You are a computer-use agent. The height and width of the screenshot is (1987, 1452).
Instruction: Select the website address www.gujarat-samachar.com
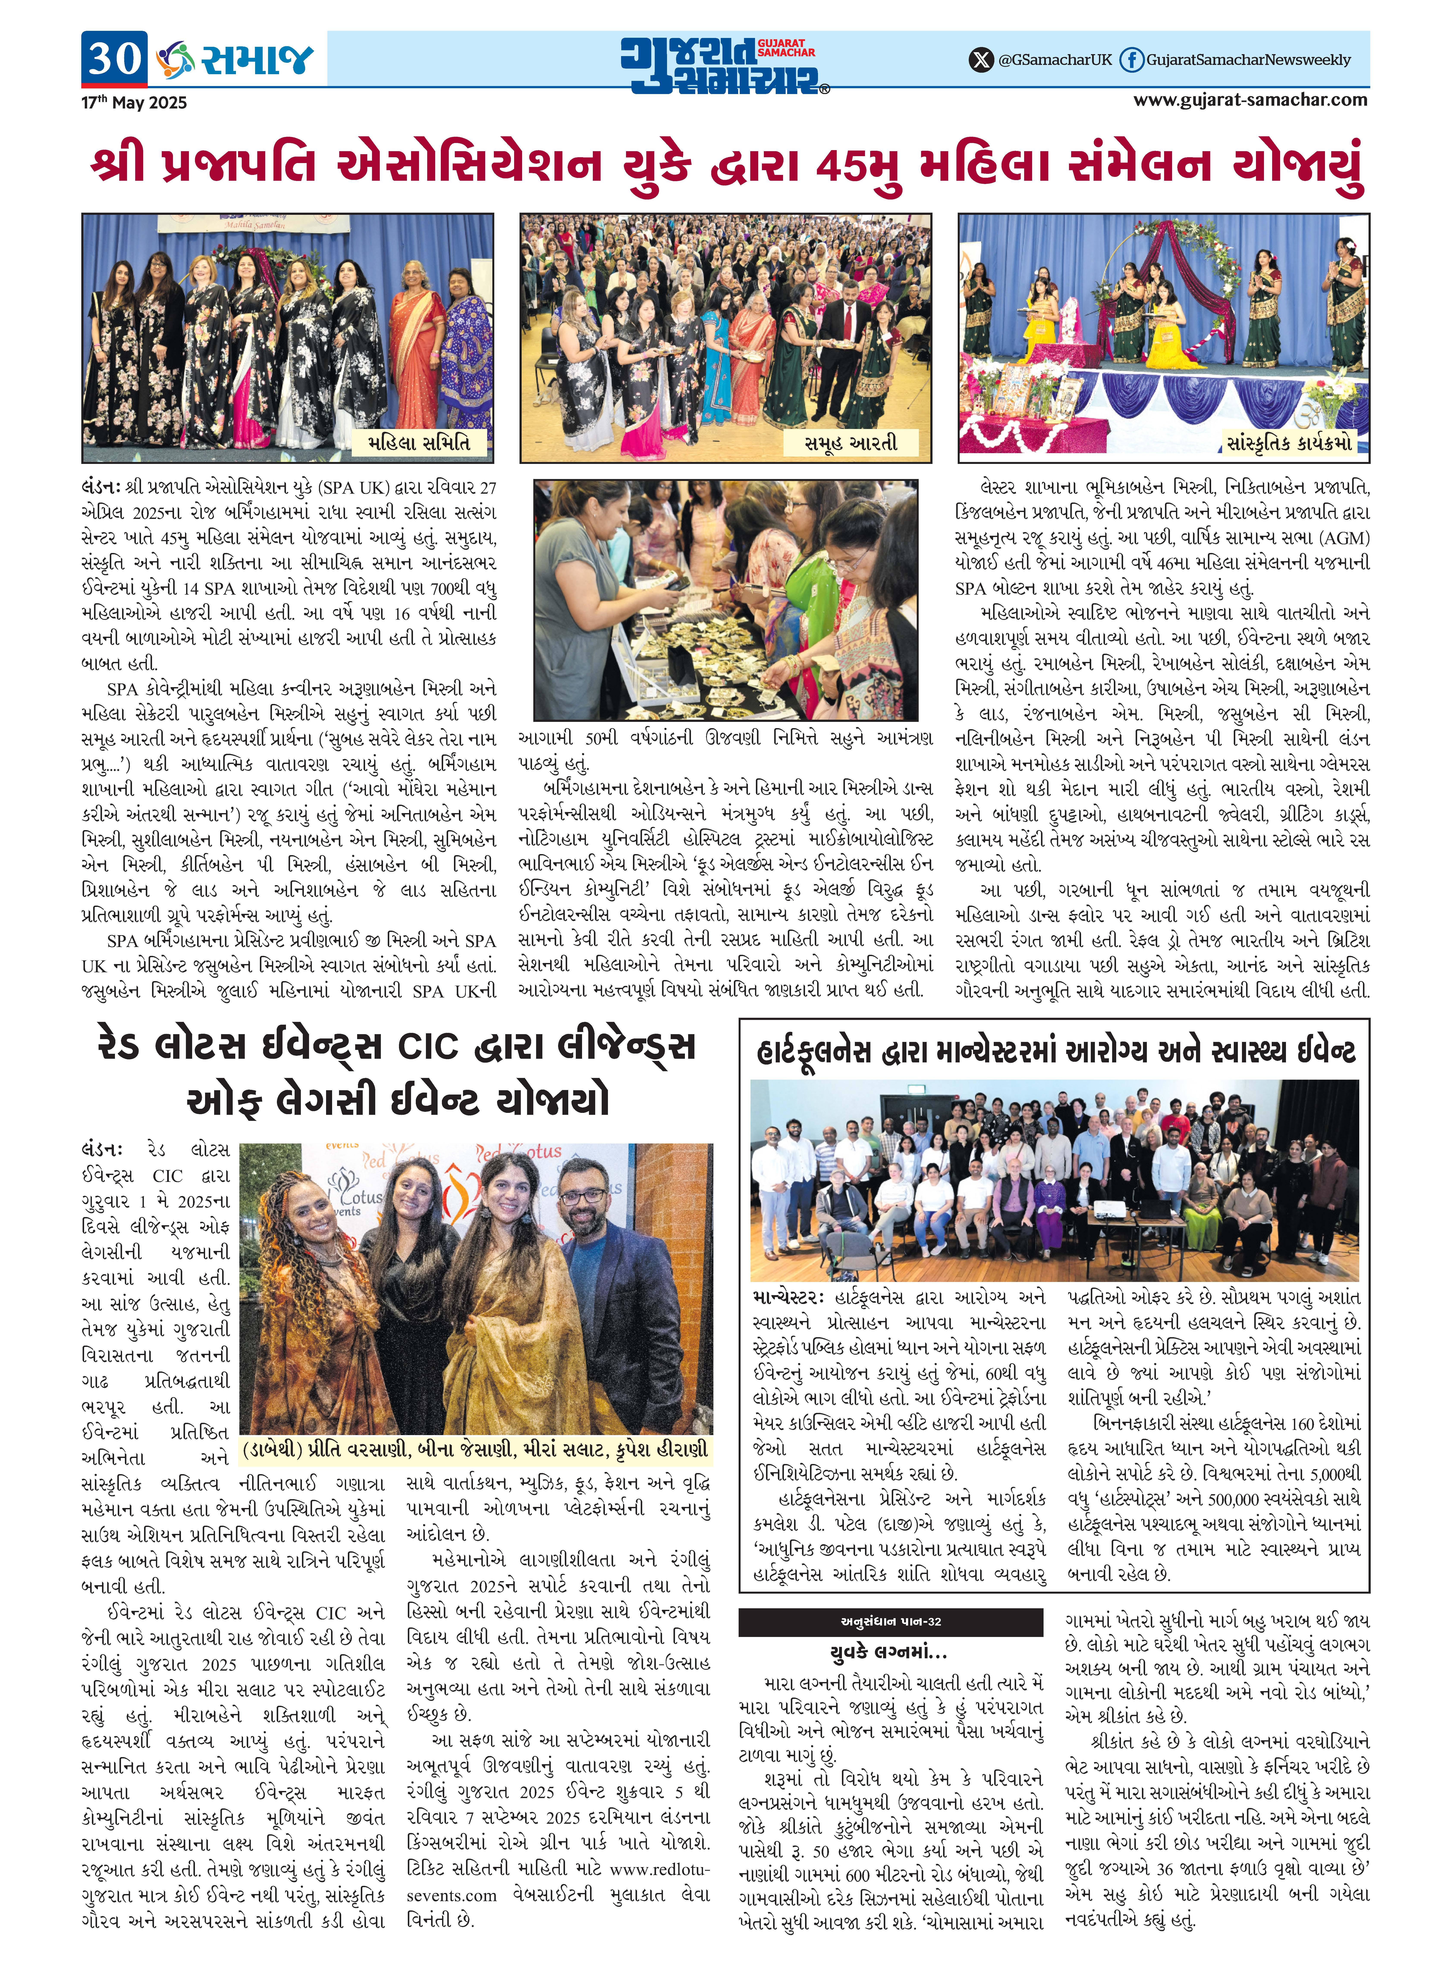click(x=1250, y=100)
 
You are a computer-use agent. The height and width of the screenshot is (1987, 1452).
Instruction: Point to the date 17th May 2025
click(x=134, y=103)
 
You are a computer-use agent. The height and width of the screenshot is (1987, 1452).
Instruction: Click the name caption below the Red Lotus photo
click(x=475, y=1450)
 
